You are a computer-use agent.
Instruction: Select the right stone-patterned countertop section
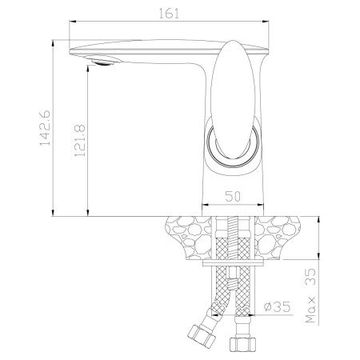tap(281, 236)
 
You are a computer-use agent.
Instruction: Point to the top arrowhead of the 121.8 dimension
tap(87, 66)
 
